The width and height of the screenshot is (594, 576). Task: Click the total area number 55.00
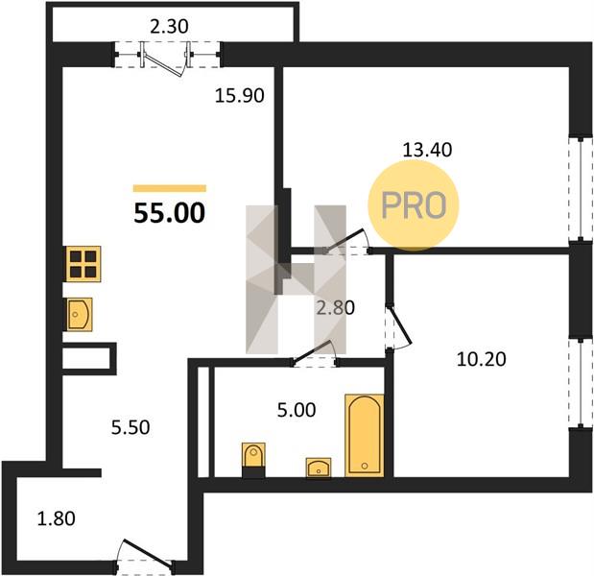click(x=169, y=213)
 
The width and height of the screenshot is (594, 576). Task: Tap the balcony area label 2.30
click(x=169, y=27)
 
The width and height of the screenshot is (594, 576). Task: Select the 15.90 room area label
click(x=239, y=95)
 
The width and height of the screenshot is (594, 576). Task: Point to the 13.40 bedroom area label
click(x=427, y=150)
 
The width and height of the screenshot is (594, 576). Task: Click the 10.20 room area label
click(x=481, y=359)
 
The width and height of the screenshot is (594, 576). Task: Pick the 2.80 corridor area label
click(x=336, y=308)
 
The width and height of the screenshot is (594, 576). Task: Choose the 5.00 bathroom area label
click(x=297, y=410)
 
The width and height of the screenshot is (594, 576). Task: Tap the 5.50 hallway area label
click(x=131, y=427)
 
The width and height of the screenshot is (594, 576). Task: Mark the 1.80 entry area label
click(x=56, y=518)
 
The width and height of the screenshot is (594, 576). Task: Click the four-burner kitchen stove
click(x=83, y=264)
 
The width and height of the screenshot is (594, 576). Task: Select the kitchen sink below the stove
click(x=80, y=314)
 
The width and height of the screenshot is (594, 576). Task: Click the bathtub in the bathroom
click(x=364, y=435)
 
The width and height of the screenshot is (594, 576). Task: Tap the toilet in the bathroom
click(x=253, y=459)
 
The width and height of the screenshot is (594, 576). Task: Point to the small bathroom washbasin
click(x=319, y=468)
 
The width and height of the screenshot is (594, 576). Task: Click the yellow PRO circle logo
click(x=414, y=205)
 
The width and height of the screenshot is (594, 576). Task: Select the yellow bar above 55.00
click(x=170, y=188)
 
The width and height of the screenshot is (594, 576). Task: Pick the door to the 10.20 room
click(x=398, y=327)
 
